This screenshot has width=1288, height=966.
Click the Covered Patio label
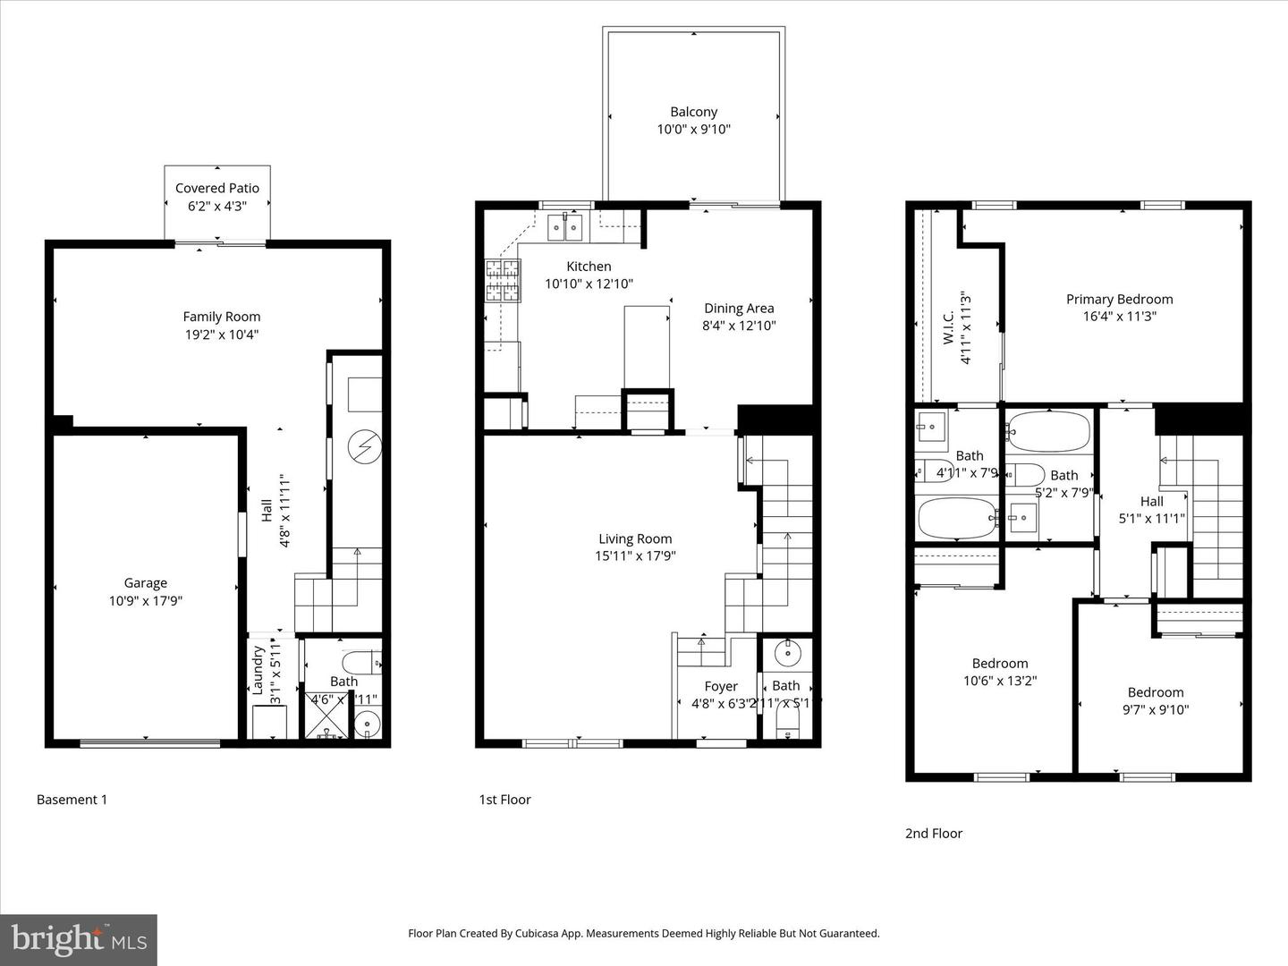point(217,188)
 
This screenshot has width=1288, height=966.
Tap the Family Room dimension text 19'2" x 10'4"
point(222,335)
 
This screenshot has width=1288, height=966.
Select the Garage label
point(145,583)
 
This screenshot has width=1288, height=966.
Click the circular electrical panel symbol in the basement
point(365,444)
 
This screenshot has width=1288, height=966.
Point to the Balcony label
point(693,112)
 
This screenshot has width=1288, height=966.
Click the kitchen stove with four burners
point(503,280)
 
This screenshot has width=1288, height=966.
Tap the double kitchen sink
point(565,228)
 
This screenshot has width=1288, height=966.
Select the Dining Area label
point(738,309)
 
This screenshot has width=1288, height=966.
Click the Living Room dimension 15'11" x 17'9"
point(635,555)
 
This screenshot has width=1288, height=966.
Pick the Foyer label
point(721,687)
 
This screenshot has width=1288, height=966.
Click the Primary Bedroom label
point(1119,300)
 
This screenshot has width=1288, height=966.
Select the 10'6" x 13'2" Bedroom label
point(1000,664)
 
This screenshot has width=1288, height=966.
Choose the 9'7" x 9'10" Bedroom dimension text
point(1156,710)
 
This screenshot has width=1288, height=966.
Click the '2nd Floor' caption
point(934,834)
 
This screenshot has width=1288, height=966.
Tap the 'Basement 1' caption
point(72,800)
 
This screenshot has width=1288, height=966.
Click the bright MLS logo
point(79,939)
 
